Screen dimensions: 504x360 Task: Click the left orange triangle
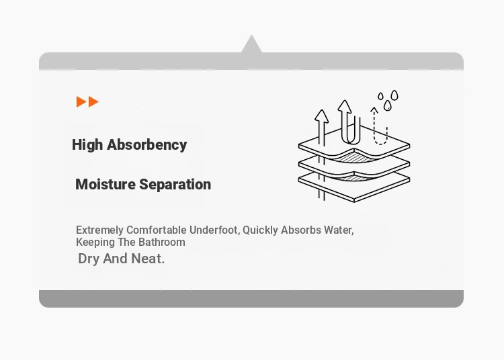pyautogui.click(x=81, y=101)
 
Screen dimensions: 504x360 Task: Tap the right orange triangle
pyautogui.click(x=93, y=101)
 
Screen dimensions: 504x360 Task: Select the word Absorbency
pyautogui.click(x=147, y=145)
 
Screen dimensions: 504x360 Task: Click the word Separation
pyautogui.click(x=175, y=185)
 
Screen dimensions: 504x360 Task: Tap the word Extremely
pyautogui.click(x=99, y=230)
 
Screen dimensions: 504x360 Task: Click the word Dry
pyautogui.click(x=89, y=259)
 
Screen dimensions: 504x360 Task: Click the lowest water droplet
pyautogui.click(x=388, y=105)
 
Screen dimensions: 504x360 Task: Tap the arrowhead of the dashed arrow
pyautogui.click(x=374, y=110)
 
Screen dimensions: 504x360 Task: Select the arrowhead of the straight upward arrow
pyautogui.click(x=321, y=116)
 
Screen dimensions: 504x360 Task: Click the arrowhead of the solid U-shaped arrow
pyautogui.click(x=345, y=106)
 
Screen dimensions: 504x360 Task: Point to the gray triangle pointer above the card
pyautogui.click(x=251, y=45)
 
